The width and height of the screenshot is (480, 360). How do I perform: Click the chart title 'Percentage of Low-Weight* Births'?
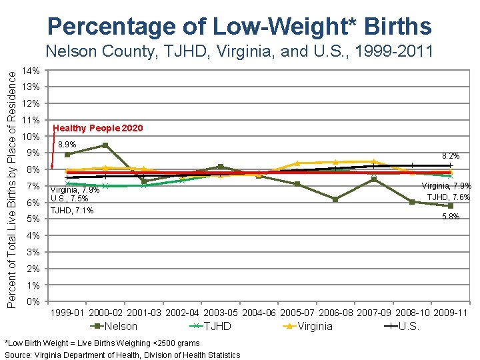point(239,27)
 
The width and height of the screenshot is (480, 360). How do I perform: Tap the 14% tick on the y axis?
point(31,71)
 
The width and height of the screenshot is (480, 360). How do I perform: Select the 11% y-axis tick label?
point(31,120)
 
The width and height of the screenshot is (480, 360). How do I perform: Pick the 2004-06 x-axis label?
point(259,313)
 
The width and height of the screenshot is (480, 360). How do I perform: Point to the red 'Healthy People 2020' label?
point(97,128)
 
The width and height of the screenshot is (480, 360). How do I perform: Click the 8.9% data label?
point(67,144)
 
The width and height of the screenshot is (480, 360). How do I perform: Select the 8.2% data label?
point(451,155)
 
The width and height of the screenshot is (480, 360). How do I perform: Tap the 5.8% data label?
point(451,217)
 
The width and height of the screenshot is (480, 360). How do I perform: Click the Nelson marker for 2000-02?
point(105,145)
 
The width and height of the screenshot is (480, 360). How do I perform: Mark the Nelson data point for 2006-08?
point(335,199)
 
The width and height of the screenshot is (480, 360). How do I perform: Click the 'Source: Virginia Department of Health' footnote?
point(122,355)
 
